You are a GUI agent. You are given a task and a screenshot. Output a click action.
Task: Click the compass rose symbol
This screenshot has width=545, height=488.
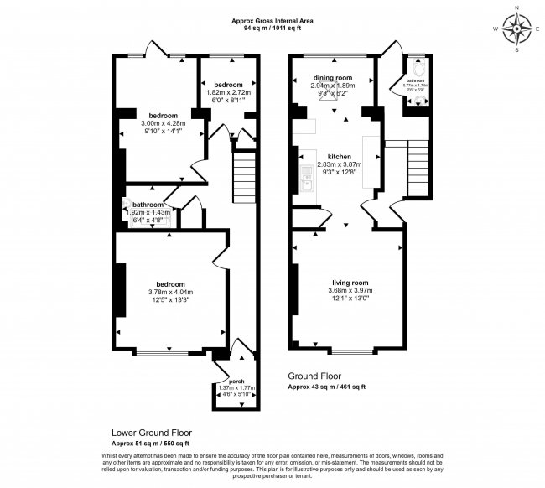(517, 32)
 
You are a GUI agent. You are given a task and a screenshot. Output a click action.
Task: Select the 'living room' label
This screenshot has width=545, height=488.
(351, 283)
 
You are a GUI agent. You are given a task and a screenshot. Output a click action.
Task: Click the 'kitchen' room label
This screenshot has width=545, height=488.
(339, 157)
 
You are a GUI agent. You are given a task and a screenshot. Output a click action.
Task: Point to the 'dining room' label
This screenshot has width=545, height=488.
(334, 78)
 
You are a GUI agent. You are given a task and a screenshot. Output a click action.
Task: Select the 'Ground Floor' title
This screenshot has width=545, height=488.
(314, 376)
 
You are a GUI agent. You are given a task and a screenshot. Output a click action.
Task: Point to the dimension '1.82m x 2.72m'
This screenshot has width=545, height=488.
(228, 93)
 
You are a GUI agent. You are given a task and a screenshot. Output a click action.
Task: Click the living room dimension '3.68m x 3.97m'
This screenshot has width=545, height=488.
(351, 291)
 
